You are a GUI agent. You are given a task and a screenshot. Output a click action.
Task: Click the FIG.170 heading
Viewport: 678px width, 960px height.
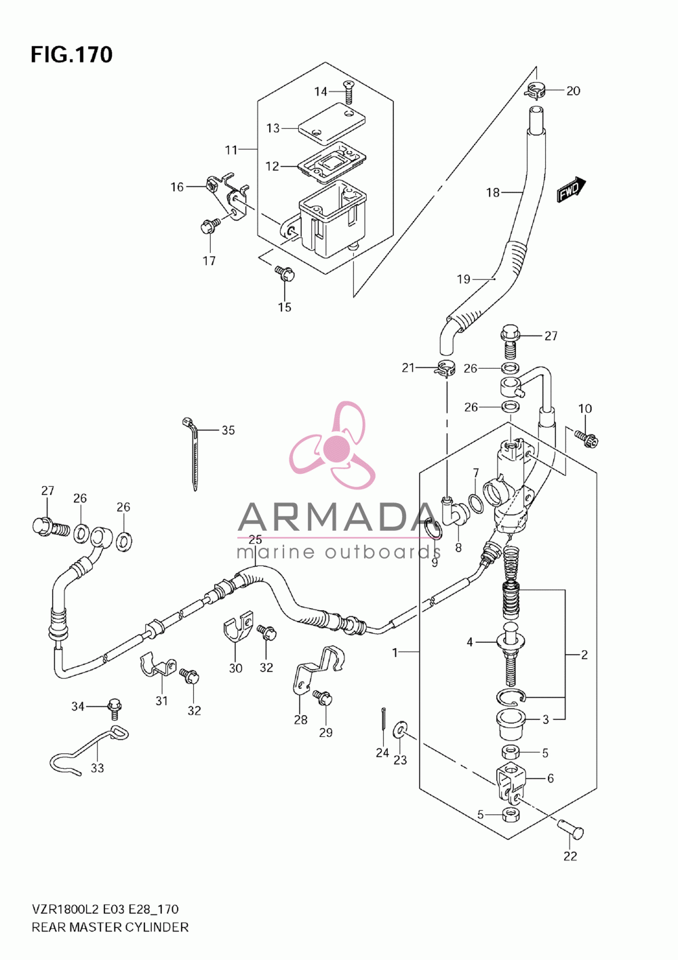tap(72, 54)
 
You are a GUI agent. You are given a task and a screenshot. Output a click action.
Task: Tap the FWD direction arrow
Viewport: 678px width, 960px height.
tap(572, 189)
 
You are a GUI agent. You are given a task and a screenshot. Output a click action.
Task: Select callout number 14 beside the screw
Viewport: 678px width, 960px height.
tap(321, 92)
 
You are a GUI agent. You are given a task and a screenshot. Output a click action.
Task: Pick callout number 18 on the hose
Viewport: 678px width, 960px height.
tap(493, 193)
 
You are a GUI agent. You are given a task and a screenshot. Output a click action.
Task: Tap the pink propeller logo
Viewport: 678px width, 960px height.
tap(333, 445)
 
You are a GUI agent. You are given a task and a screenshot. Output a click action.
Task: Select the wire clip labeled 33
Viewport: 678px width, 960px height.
tap(88, 748)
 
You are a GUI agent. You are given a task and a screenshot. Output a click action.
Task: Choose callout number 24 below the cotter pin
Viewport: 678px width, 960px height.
tap(382, 753)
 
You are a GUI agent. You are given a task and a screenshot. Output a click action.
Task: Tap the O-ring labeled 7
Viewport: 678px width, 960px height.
tap(476, 503)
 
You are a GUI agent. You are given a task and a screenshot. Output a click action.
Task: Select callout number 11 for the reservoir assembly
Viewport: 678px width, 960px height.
tap(231, 150)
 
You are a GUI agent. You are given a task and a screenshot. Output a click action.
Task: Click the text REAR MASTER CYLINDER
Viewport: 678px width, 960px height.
tap(110, 927)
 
